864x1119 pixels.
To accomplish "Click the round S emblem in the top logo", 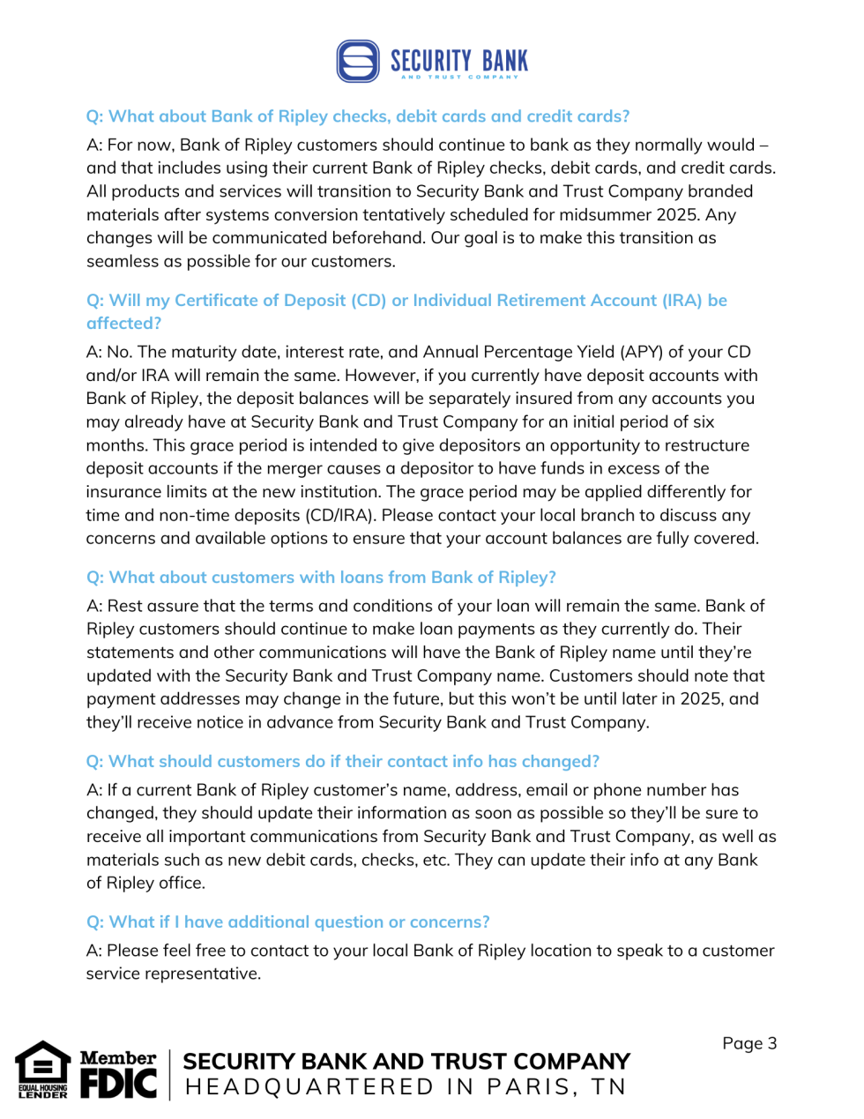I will [358, 61].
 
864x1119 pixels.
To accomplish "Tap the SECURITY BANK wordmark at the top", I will [458, 61].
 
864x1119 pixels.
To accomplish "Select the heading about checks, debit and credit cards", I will [358, 116].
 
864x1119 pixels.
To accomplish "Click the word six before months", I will [703, 421].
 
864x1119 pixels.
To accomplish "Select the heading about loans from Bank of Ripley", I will [321, 578].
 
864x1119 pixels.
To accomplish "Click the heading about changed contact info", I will [342, 762].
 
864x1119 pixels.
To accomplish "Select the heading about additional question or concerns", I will [287, 922].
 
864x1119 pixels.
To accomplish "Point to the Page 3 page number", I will [749, 1043].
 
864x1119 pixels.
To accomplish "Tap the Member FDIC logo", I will [118, 1074].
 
